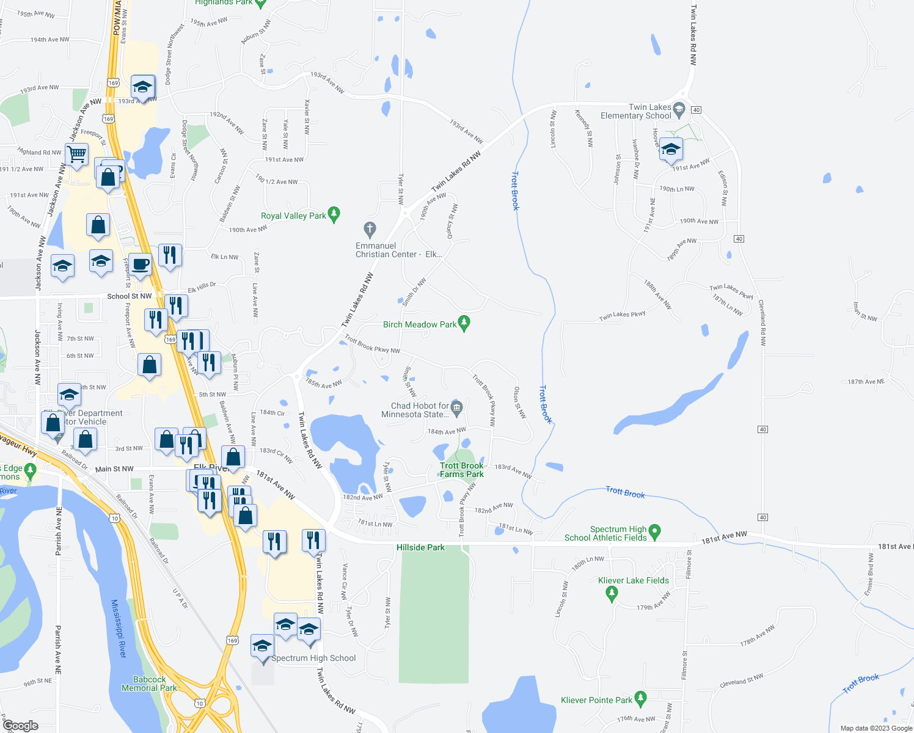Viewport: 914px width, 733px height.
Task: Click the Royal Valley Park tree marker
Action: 334,214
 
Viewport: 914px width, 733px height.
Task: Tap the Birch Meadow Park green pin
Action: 464,323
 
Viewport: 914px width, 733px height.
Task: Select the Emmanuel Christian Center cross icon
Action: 369,230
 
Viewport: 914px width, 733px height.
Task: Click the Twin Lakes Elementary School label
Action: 635,111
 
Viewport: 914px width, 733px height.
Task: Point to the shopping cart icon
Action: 76,156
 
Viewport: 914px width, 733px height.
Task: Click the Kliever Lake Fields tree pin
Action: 612,593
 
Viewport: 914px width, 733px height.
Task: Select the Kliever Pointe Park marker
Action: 640,698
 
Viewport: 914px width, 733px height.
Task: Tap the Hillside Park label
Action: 420,547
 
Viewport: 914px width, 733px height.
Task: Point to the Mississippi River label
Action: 119,629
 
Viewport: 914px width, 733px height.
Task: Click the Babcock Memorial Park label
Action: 149,684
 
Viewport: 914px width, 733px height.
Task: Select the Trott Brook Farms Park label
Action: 462,470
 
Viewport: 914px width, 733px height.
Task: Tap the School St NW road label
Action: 130,296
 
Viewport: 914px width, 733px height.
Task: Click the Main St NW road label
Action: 114,469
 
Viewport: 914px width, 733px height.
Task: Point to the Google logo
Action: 21,725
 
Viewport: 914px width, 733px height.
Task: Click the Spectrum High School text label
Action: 313,658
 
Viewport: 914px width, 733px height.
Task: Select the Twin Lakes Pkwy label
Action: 622,316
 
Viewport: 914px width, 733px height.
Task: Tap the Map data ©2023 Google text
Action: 876,728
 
